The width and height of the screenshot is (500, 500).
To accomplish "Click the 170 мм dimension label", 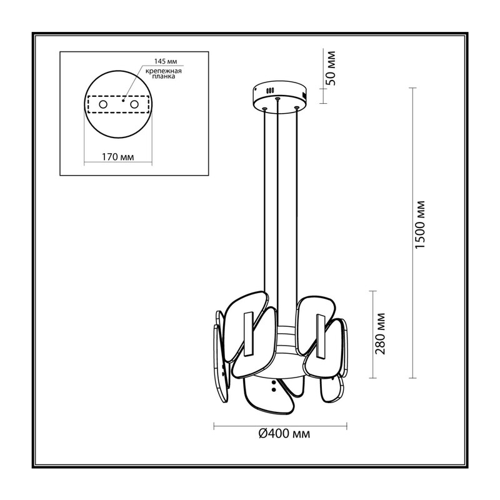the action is [117, 157].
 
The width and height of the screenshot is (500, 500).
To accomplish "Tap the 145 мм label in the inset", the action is [165, 61].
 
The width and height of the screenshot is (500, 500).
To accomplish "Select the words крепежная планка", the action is [164, 74].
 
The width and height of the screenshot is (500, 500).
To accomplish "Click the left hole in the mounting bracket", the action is [103, 104].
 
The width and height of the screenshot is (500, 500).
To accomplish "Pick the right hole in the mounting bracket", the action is [134, 104].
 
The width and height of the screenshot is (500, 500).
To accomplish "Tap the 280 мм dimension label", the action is [381, 334].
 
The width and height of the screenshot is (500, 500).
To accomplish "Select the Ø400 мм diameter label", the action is [284, 434].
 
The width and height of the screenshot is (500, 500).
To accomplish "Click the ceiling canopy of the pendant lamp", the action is [279, 94].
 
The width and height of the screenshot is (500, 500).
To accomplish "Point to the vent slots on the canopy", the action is [271, 91].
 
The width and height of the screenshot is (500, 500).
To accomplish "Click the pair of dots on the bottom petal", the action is [273, 386].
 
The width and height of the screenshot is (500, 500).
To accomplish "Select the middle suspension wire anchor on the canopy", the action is [278, 99].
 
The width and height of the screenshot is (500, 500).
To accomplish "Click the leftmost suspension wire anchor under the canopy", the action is [264, 109].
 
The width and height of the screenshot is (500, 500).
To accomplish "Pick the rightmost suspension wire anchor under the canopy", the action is [297, 107].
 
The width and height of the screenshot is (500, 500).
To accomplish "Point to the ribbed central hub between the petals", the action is [286, 339].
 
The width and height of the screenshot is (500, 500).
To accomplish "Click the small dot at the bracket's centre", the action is [122, 101].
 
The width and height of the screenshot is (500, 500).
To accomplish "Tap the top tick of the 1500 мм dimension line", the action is [412, 87].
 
